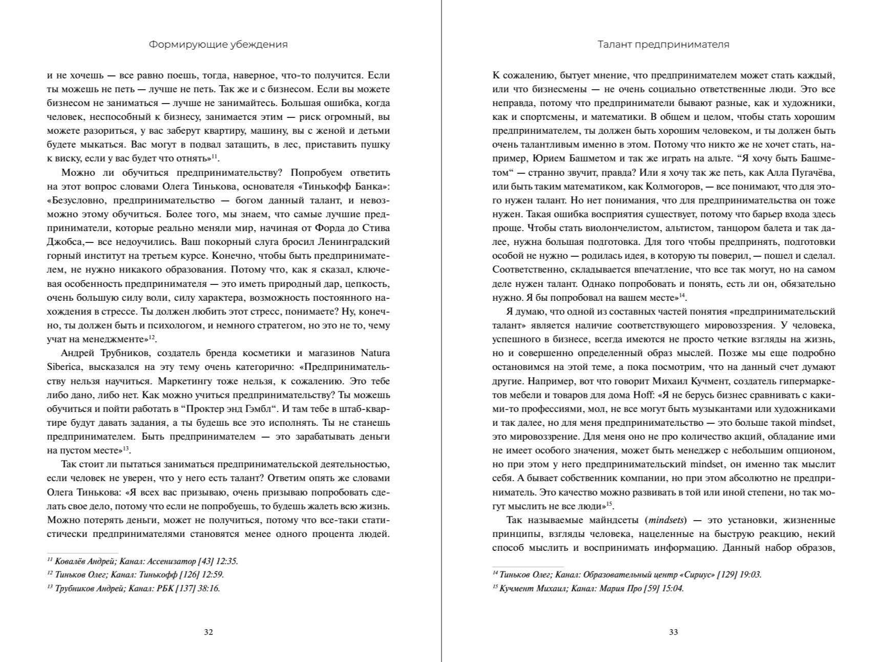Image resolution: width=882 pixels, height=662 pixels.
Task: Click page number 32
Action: point(208,632)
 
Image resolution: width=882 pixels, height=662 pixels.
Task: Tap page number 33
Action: point(674,632)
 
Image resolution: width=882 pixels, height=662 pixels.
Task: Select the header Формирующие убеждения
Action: point(218,45)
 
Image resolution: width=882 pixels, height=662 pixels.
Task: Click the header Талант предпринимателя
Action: point(663,45)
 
